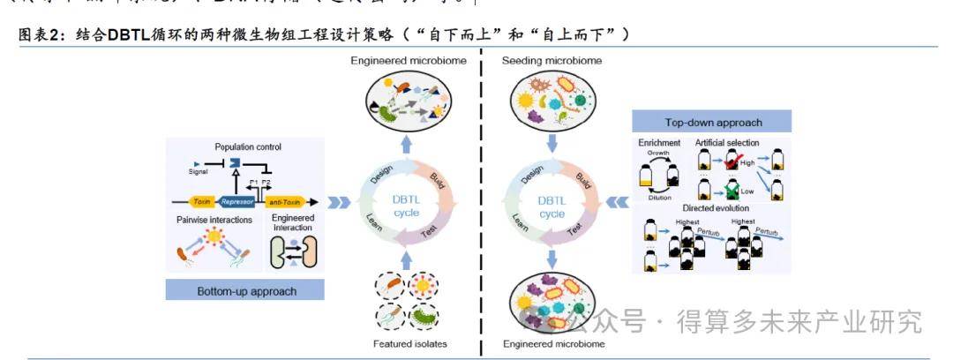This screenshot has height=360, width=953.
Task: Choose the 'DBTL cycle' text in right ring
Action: click(552, 207)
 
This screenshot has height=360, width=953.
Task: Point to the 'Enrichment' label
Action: click(659, 142)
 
